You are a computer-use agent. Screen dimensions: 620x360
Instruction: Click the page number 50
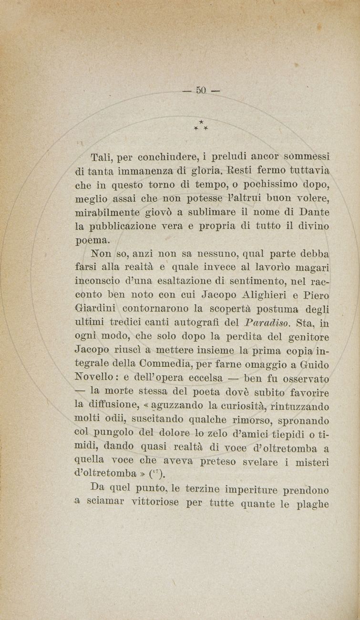[x=200, y=90]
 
